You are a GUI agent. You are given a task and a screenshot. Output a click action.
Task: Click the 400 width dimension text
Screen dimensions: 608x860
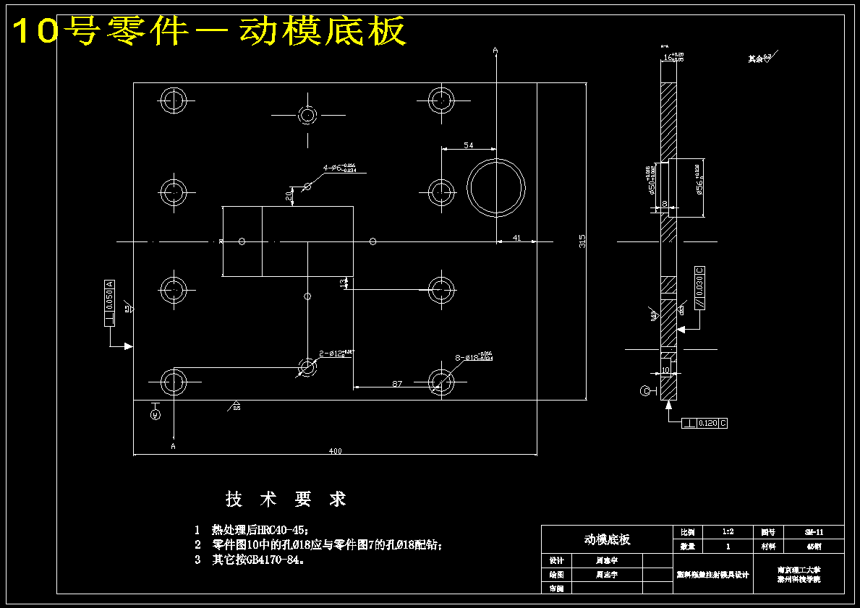[x=335, y=451]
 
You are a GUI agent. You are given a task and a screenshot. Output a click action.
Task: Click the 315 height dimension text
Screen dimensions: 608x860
[x=582, y=241]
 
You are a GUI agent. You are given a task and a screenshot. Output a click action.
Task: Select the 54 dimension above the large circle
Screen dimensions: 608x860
[x=469, y=145]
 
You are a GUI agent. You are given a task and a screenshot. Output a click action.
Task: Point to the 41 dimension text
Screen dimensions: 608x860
[x=516, y=237]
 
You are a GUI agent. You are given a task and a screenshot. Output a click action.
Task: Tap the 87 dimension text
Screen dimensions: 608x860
[x=397, y=384]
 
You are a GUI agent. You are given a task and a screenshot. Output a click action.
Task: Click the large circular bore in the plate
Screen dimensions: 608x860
[x=496, y=187]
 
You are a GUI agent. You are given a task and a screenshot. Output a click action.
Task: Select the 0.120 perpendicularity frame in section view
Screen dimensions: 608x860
[x=704, y=423]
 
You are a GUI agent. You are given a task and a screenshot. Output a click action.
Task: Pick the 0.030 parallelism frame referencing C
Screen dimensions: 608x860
[x=699, y=288]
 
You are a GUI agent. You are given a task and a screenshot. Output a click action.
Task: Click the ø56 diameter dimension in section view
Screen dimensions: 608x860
[x=699, y=180]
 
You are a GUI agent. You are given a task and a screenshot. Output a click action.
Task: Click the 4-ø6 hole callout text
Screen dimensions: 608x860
[x=340, y=168]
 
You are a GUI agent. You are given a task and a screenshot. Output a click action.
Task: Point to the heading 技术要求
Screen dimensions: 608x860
[x=286, y=499]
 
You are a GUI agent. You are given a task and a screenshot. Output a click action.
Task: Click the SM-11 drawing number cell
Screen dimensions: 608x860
[x=814, y=532]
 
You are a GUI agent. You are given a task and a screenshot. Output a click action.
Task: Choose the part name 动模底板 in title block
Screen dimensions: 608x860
[x=607, y=539]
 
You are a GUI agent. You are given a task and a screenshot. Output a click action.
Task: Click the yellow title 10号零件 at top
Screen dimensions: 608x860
[x=210, y=32]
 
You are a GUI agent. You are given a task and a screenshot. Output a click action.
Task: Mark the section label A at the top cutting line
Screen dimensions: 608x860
[x=495, y=50]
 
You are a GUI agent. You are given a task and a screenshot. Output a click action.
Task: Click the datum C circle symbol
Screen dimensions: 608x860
[x=645, y=391]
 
